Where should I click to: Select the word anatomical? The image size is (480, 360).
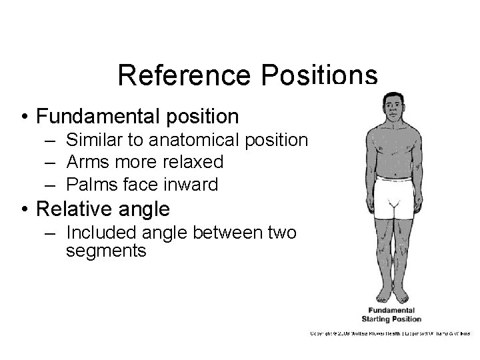click(x=209, y=140)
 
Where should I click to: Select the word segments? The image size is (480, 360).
click(x=106, y=251)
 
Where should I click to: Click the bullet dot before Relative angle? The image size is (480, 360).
click(x=24, y=210)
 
